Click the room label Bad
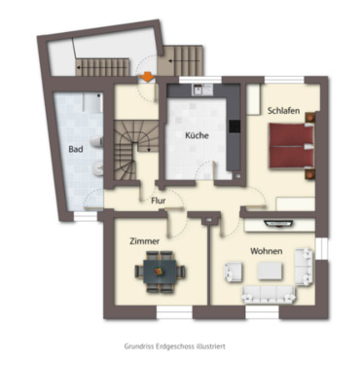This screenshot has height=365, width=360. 75,150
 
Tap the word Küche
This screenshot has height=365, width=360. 198,136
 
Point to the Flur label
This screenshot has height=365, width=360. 158,201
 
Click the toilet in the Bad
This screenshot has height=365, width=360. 100,169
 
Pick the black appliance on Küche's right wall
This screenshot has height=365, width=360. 234,126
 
